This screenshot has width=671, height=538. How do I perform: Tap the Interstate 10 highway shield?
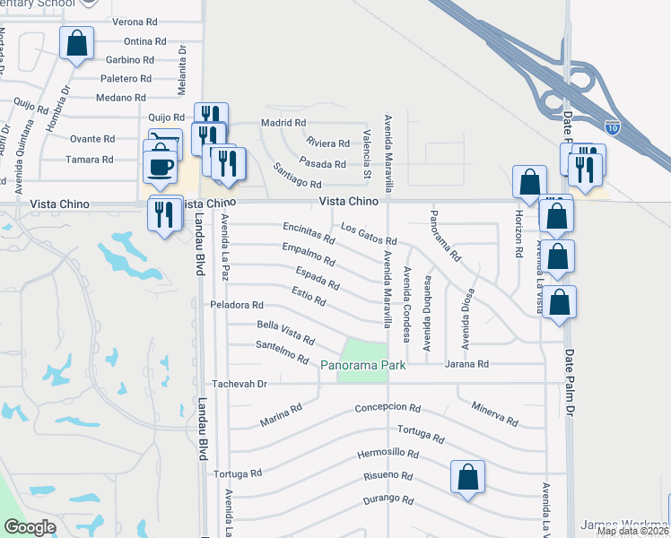[613, 128]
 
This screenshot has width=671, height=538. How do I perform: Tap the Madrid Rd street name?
[283, 123]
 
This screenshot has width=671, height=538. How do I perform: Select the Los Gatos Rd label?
[369, 235]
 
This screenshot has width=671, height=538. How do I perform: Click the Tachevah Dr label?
[239, 384]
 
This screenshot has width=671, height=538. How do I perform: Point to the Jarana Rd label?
[470, 364]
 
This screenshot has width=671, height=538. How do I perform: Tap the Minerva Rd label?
[494, 414]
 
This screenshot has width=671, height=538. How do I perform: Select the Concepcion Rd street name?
[388, 407]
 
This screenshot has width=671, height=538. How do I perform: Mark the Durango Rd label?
[388, 499]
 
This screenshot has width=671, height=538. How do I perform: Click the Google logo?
[30, 527]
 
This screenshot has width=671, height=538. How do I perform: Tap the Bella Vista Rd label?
[285, 333]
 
